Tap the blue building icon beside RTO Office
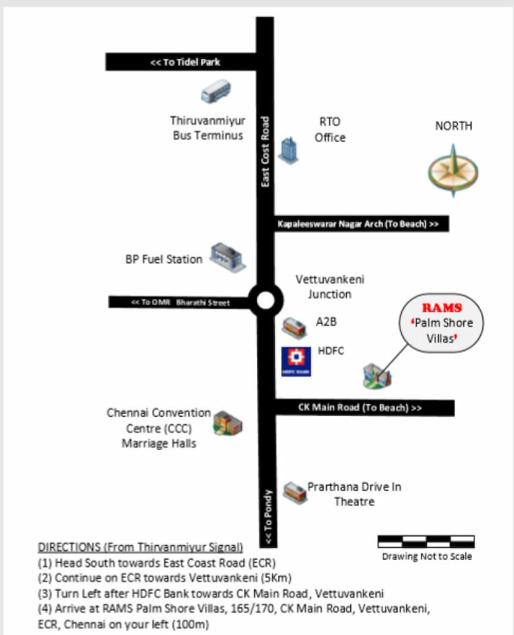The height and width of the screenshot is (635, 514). [x=287, y=149]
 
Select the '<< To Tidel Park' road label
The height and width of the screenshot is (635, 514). [x=185, y=62]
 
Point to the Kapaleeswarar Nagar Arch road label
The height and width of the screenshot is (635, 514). [x=362, y=224]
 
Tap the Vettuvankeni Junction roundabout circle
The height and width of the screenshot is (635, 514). [x=265, y=300]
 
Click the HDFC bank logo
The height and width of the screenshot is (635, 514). [x=296, y=361]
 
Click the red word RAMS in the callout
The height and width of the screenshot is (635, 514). [x=441, y=308]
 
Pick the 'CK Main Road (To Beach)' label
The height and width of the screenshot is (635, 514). [x=360, y=407]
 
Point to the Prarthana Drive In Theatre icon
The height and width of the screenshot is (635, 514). [x=294, y=492]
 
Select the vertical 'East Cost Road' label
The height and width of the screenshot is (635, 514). [x=266, y=152]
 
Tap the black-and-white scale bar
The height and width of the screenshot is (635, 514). [x=426, y=541]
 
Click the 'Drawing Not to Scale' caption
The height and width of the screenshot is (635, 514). [x=426, y=556]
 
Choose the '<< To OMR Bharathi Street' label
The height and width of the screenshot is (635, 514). [x=181, y=302]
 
